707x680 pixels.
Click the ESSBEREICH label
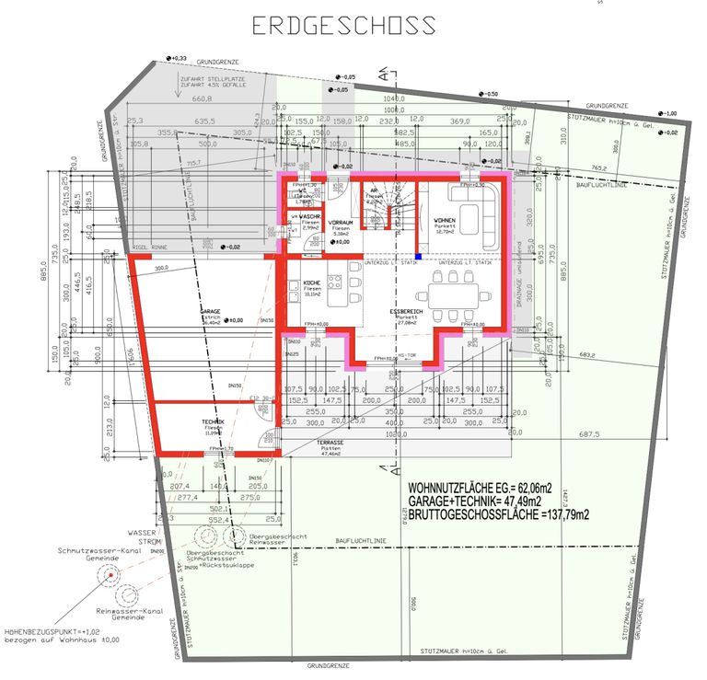click(405, 312)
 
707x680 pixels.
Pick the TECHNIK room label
click(214, 422)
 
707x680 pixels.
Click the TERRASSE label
click(331, 443)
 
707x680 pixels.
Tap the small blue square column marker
click(417, 257)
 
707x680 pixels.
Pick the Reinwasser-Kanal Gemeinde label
click(128, 614)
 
